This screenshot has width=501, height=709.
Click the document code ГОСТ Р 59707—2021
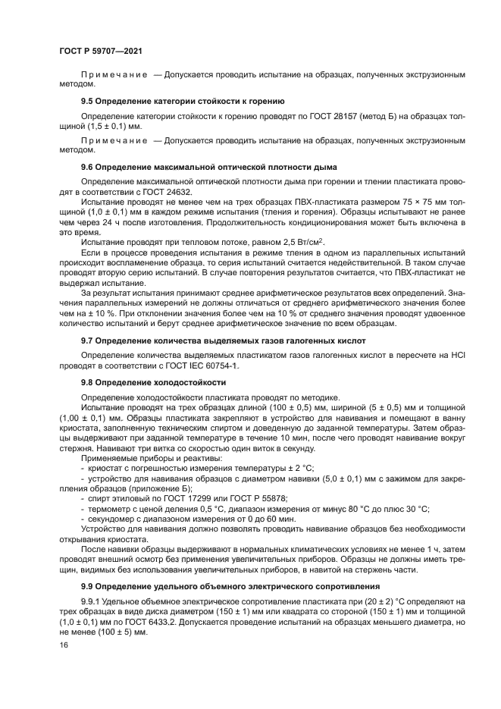tap(101, 50)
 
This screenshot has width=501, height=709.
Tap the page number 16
tap(64, 645)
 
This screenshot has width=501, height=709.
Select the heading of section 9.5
tap(183, 100)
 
